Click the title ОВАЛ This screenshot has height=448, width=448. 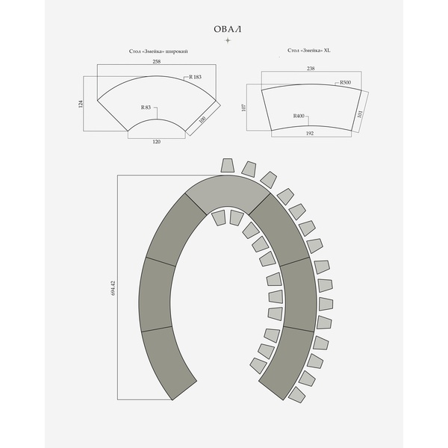tap(228, 29)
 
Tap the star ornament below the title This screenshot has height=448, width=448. tap(228, 40)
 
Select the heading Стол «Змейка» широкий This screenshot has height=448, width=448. tap(158, 52)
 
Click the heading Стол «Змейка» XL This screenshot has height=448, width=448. tap(309, 50)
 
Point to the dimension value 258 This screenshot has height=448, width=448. tap(157, 61)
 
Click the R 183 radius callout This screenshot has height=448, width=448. tap(195, 77)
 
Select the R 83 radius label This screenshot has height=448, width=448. tap(146, 108)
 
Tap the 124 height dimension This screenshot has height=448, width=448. tap(81, 104)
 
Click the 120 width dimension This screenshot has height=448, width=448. tap(157, 142)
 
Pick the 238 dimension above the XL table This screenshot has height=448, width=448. tap(311, 69)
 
